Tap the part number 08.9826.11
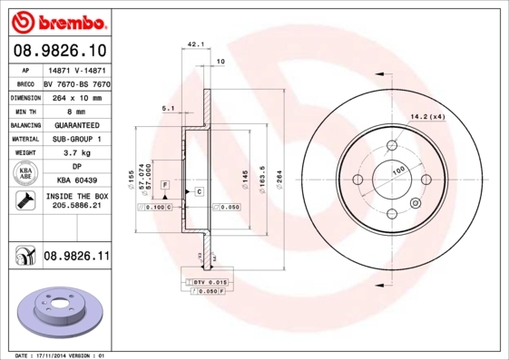pyautogui.click(x=76, y=257)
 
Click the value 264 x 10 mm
pyautogui.click(x=75, y=95)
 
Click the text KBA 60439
pyautogui.click(x=75, y=180)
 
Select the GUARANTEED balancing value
pyautogui.click(x=75, y=124)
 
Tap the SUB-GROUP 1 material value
pyautogui.click(x=75, y=139)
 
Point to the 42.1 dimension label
pyautogui.click(x=194, y=43)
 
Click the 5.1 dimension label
pyautogui.click(x=167, y=108)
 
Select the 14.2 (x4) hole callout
pyautogui.click(x=427, y=117)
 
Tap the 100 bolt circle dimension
pyautogui.click(x=396, y=170)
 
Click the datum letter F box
pyautogui.click(x=166, y=185)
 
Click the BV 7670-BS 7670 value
pyautogui.click(x=75, y=82)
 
